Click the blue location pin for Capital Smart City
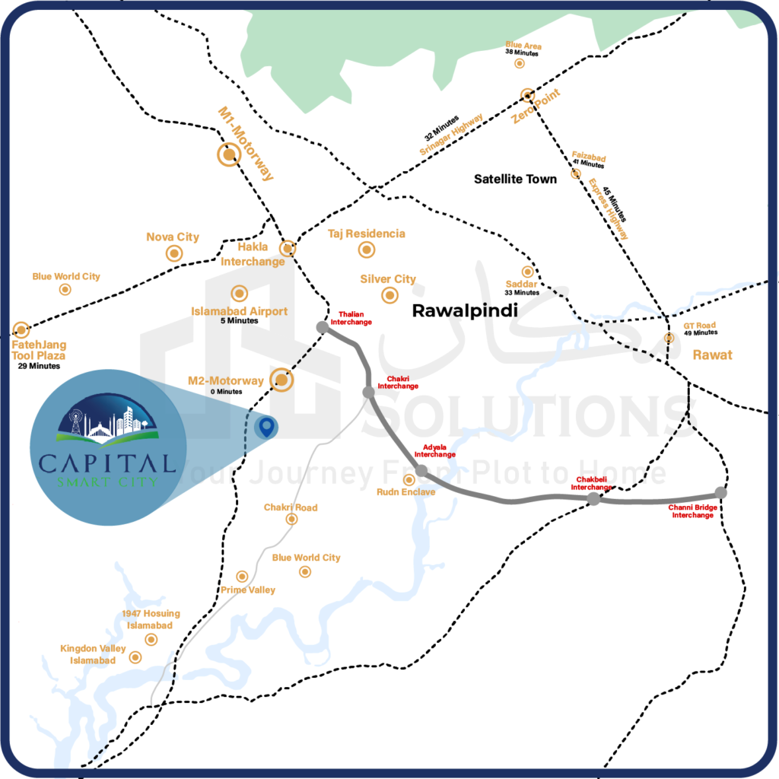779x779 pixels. [x=265, y=428]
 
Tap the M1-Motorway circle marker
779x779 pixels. [x=228, y=156]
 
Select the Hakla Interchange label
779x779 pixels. [x=253, y=255]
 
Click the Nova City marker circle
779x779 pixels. [x=174, y=253]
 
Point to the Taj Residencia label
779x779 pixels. [x=367, y=234]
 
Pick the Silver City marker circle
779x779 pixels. [x=389, y=295]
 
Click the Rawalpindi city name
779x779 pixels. [x=464, y=310]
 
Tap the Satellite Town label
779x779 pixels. [x=515, y=179]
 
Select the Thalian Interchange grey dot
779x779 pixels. [x=323, y=327]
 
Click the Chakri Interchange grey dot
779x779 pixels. [x=369, y=393]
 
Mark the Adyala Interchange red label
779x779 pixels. [x=435, y=450]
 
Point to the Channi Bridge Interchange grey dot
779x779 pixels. [x=721, y=493]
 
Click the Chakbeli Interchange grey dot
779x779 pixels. [x=593, y=499]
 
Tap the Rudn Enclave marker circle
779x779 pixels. [x=409, y=480]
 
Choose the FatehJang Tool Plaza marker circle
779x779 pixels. [x=21, y=330]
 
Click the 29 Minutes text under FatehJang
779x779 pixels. [x=39, y=367]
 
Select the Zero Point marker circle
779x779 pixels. [x=526, y=96]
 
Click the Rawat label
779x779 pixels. [x=712, y=355]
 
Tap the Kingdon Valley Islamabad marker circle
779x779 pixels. [x=136, y=657]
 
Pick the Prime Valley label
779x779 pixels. [x=248, y=590]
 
